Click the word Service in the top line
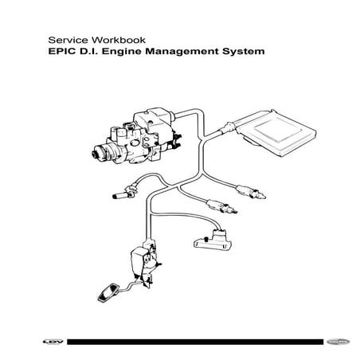pos(65,37)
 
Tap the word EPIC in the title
pos(62,52)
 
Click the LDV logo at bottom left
pos(52,343)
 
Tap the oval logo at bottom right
pos(311,343)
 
